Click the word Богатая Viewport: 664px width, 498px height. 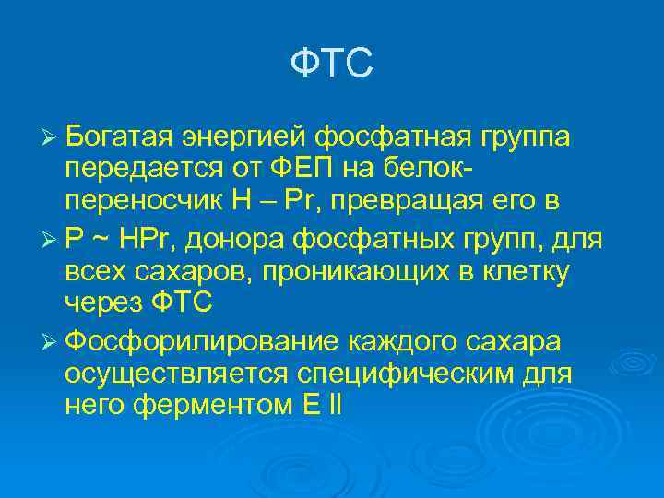coord(123,137)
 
